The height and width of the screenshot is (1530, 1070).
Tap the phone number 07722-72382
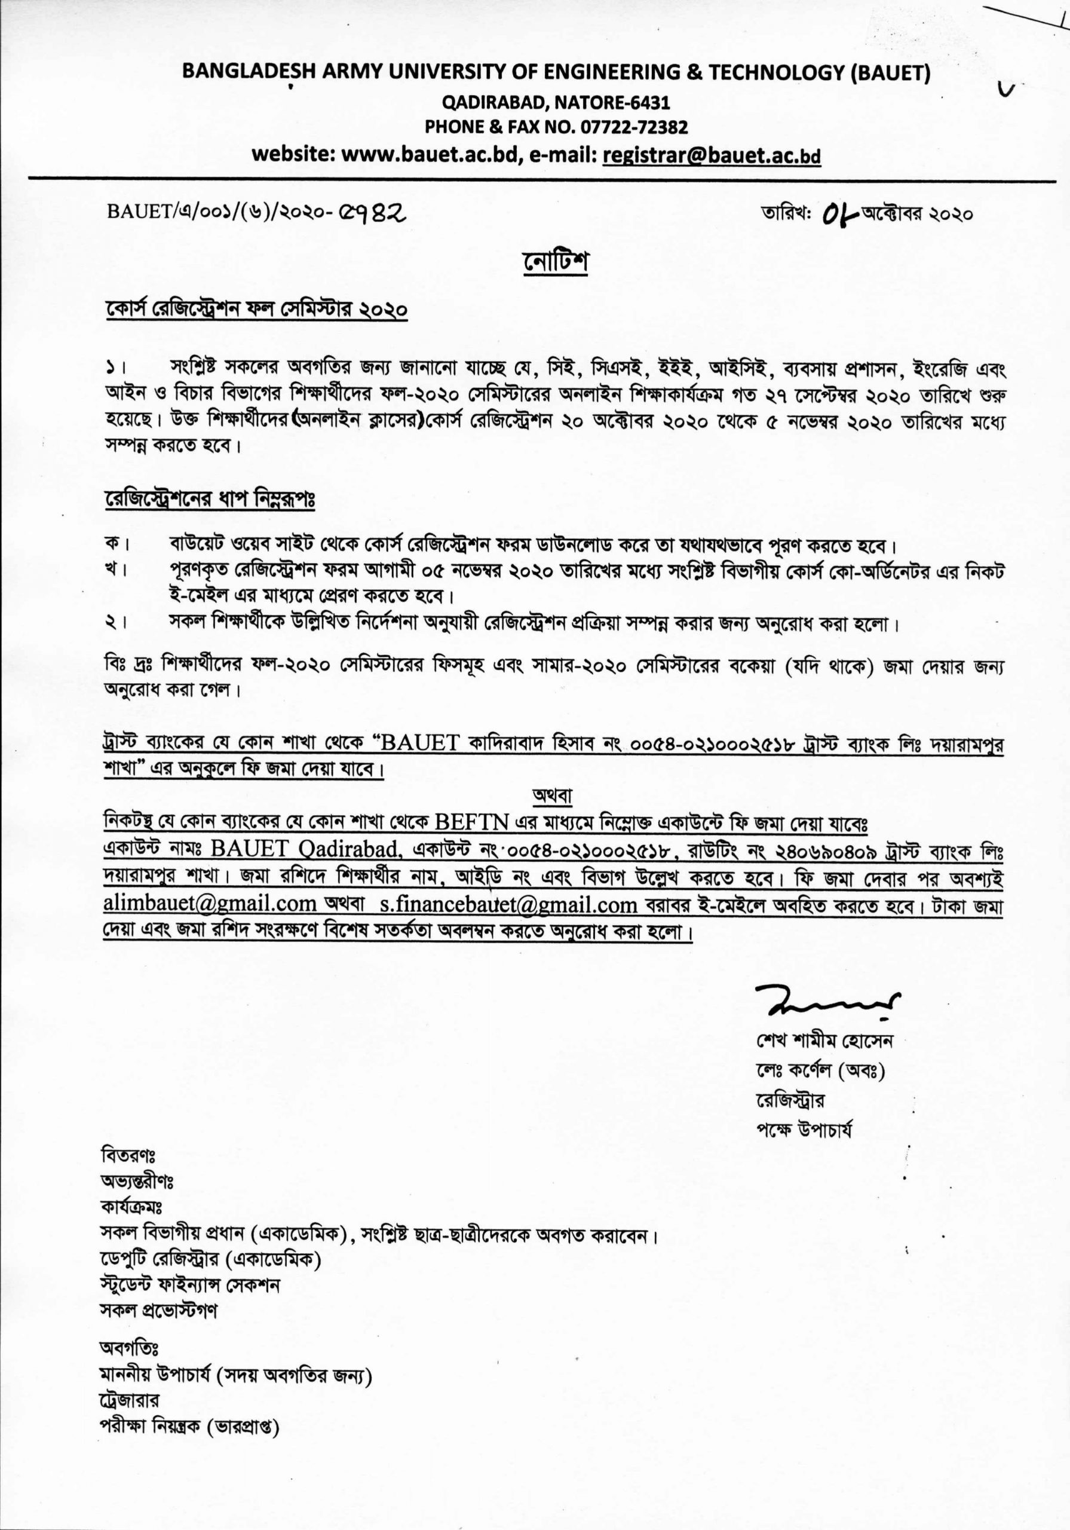coord(634,127)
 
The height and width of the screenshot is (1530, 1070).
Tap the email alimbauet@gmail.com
coord(209,905)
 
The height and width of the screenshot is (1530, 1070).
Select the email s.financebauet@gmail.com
coord(508,905)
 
